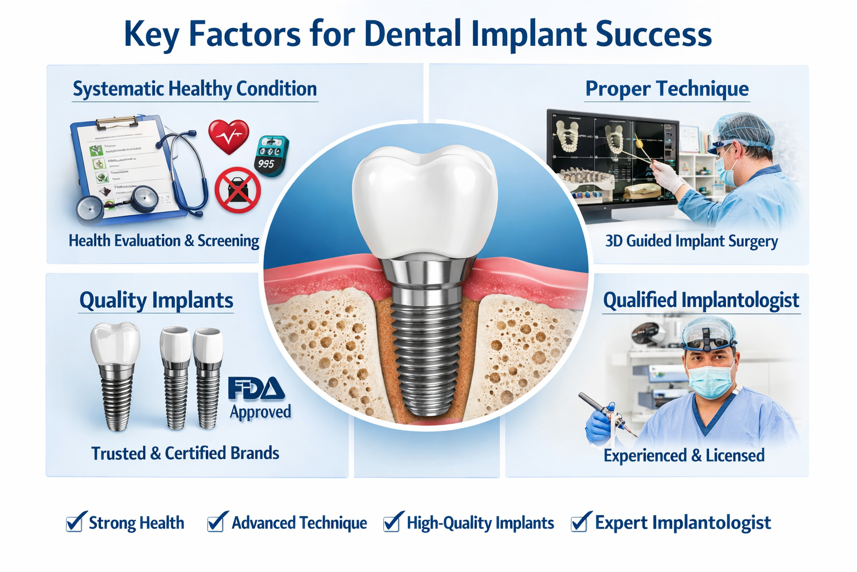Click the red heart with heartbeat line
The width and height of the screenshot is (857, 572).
228,136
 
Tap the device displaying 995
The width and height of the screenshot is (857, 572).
271,156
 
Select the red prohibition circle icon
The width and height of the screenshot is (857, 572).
238,190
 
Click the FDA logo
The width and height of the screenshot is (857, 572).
256,389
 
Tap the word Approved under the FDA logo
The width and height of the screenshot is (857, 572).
261,412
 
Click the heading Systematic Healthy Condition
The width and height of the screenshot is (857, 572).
195,89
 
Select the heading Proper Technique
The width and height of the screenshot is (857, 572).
667,89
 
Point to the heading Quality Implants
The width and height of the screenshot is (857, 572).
156,300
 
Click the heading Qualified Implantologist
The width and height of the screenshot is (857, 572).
701,300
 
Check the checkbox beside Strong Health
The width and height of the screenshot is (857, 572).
75,522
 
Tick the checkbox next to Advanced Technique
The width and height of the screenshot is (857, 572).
216,522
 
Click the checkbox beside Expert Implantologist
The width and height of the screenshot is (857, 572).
580,522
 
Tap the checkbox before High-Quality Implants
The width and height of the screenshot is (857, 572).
392,522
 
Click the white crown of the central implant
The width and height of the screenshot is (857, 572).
425,201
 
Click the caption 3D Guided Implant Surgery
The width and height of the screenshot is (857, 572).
691,241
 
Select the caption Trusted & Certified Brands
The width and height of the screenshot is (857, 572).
185,453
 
